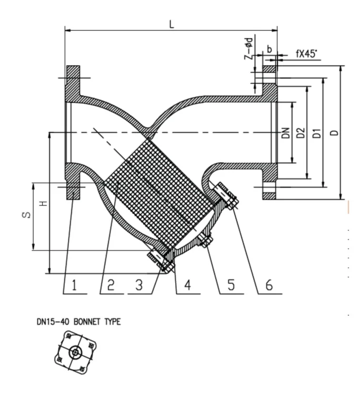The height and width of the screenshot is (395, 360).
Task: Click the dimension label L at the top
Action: point(172,24)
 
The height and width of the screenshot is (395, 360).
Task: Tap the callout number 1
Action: point(74,285)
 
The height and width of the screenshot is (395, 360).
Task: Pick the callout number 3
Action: point(139,285)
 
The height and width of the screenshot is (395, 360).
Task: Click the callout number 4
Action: point(187,285)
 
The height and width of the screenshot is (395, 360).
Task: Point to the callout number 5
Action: point(230,285)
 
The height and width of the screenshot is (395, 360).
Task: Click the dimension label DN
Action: point(285,134)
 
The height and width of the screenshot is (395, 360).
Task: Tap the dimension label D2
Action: point(300,134)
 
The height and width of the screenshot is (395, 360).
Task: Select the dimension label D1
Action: point(316,134)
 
